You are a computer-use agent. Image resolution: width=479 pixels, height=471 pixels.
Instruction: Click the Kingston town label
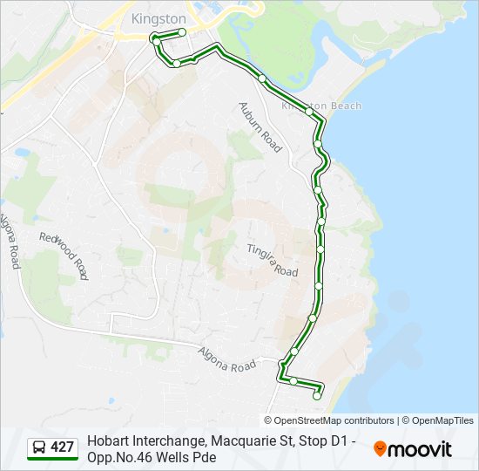tap(158, 17)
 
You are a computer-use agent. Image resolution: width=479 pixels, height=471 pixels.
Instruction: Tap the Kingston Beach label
tap(321, 106)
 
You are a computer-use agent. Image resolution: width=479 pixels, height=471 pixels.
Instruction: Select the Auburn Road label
tap(260, 126)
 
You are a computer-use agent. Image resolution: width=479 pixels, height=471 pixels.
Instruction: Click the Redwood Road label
tap(64, 255)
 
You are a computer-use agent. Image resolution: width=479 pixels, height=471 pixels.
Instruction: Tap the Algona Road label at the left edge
tap(10, 241)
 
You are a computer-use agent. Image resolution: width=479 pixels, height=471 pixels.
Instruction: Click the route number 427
tap(63, 447)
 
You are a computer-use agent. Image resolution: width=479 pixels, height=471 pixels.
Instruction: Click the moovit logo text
tap(421, 449)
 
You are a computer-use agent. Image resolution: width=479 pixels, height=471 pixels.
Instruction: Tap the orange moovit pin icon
tap(380, 448)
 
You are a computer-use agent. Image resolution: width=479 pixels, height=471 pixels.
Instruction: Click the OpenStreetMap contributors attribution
tap(334, 420)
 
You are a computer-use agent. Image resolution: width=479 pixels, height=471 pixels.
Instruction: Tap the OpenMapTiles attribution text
tap(442, 420)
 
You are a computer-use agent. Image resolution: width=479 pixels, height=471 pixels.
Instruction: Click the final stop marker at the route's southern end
tap(317, 397)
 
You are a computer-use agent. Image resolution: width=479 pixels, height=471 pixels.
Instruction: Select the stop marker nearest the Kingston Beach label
tap(309, 111)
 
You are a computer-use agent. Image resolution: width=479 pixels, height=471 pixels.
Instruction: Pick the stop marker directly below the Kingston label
tap(182, 32)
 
